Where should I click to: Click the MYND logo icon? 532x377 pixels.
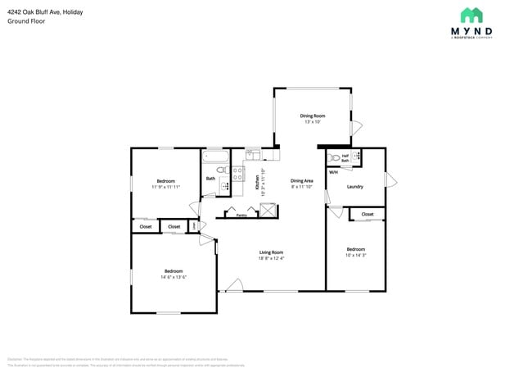pyautogui.click(x=471, y=15)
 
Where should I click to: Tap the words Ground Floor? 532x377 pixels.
pyautogui.click(x=26, y=21)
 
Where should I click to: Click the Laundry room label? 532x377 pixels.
pyautogui.click(x=355, y=186)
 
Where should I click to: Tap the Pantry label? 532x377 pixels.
pyautogui.click(x=241, y=216)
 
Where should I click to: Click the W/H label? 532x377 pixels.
pyautogui.click(x=333, y=172)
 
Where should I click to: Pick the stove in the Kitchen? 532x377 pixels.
pyautogui.click(x=238, y=173)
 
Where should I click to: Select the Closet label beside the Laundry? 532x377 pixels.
pyautogui.click(x=367, y=214)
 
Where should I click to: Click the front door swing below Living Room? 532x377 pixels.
pyautogui.click(x=234, y=285)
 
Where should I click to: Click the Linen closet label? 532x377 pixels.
pyautogui.click(x=194, y=226)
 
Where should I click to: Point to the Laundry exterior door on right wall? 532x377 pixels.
pyautogui.click(x=390, y=179)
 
